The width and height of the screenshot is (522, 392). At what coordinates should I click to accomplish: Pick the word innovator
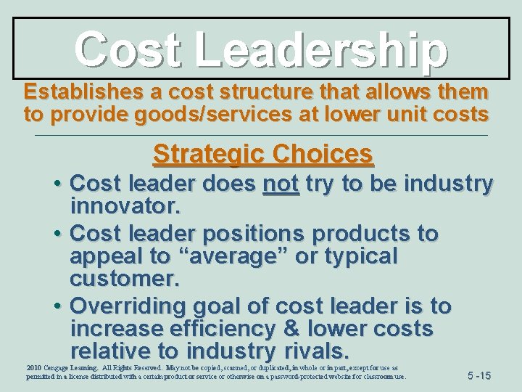click(123, 208)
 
